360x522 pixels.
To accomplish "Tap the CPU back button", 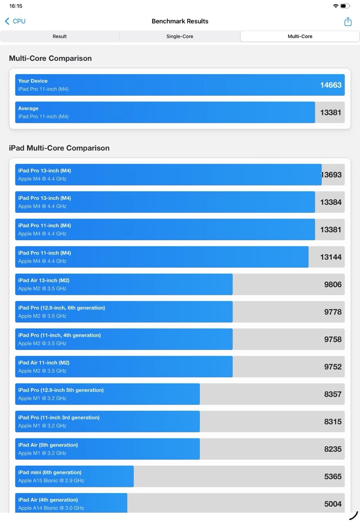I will [15, 21].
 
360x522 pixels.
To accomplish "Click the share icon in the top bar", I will [348, 22].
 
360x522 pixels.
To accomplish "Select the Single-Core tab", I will [180, 36].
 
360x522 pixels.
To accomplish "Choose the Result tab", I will [60, 36].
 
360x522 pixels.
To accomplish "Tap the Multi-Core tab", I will [300, 36].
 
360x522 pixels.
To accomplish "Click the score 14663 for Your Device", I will [331, 85].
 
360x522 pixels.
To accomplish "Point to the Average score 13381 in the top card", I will [331, 113].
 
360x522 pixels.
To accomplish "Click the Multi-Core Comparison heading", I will [50, 58].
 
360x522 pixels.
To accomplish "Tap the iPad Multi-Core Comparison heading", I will [59, 148].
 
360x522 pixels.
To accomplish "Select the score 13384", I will [331, 202].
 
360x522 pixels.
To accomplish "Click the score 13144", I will [331, 257].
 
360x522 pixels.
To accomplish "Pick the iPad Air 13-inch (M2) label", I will [44, 280].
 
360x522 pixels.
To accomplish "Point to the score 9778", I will [333, 312].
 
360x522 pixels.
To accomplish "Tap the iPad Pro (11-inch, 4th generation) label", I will [59, 335].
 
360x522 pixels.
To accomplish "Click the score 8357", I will [333, 394].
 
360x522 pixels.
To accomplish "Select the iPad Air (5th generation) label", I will [48, 445].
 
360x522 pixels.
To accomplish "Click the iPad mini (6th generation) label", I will [49, 472].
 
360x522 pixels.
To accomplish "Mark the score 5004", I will [333, 504].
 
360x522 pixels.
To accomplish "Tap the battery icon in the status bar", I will [345, 6].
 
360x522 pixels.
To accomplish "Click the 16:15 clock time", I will [16, 6].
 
